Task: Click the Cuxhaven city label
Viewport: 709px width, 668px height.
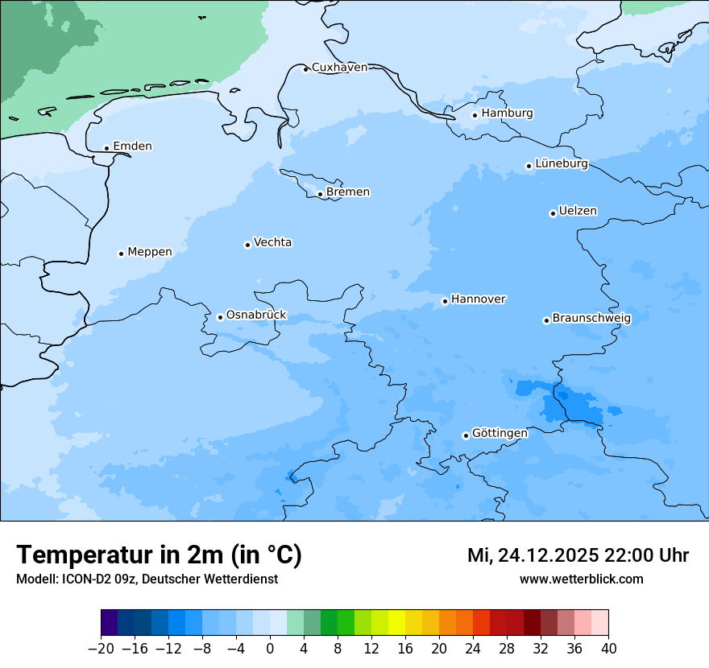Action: [x=339, y=68]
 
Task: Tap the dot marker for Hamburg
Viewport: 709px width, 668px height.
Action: [x=475, y=115]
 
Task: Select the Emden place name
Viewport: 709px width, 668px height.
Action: [x=132, y=146]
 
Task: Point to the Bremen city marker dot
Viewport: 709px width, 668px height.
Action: [x=320, y=194]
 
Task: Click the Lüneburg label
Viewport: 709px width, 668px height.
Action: [x=561, y=163]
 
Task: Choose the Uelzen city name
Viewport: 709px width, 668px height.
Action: [x=578, y=211]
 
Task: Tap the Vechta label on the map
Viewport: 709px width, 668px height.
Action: [x=272, y=242]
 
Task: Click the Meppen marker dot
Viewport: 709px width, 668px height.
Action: [x=121, y=254]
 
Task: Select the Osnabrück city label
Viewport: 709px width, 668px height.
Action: [x=256, y=315]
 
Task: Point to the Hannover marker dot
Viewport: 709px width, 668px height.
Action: [x=445, y=302]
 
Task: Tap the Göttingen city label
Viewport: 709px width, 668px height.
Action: [x=500, y=433]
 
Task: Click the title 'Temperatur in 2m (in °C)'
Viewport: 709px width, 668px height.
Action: [x=160, y=555]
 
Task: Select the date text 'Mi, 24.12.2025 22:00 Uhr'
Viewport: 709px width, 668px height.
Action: [x=578, y=555]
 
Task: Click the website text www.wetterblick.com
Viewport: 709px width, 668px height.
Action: [x=581, y=579]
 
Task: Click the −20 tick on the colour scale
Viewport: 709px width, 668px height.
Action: [x=101, y=649]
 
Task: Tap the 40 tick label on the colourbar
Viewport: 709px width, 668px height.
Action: [x=608, y=649]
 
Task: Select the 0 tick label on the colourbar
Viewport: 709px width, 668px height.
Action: [x=270, y=649]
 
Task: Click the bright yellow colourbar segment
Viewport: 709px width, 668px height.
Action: [x=396, y=623]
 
